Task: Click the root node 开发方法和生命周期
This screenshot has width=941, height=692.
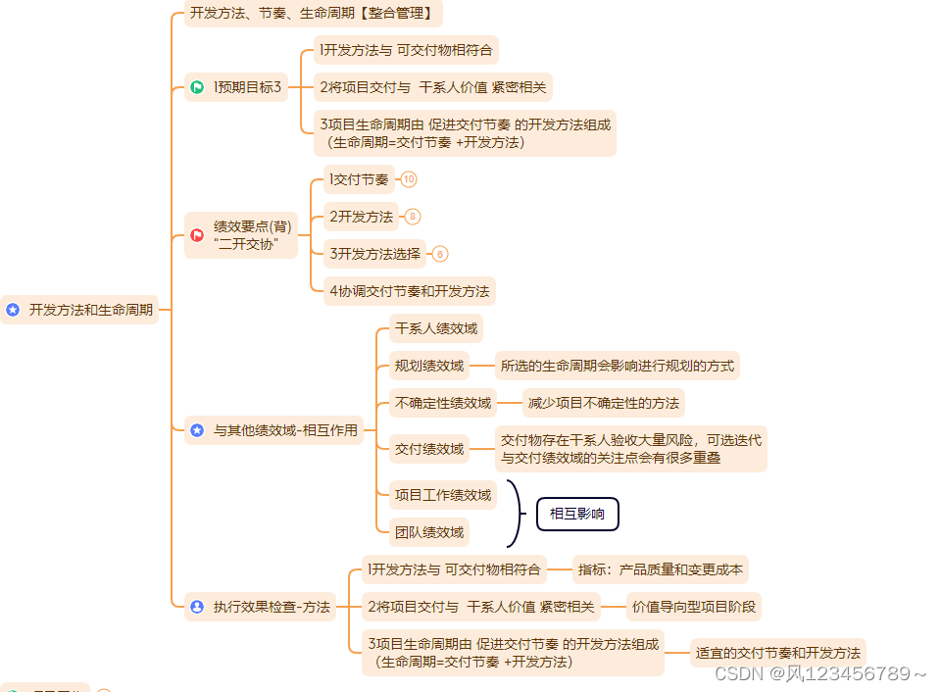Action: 80,310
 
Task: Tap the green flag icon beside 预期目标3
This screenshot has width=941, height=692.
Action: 197,88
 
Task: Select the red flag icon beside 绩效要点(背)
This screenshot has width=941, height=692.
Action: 197,234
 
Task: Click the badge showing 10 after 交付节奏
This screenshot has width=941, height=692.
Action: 409,179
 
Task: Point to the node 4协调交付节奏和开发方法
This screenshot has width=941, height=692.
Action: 410,291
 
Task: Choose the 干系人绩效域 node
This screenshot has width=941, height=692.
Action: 436,328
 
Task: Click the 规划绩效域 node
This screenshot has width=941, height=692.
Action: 429,367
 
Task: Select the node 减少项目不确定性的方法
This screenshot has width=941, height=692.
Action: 603,403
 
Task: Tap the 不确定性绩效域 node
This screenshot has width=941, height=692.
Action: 442,403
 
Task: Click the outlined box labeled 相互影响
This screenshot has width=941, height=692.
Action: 577,514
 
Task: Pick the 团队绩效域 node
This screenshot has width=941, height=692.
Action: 429,532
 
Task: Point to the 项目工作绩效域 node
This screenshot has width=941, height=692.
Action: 442,495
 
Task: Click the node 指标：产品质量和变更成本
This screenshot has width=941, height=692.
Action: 660,569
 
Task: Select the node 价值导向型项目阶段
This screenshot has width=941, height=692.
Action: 694,607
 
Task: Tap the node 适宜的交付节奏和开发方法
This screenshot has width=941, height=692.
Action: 777,653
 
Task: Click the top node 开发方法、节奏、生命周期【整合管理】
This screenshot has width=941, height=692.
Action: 313,14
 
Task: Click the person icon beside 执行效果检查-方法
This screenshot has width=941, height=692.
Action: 197,607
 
